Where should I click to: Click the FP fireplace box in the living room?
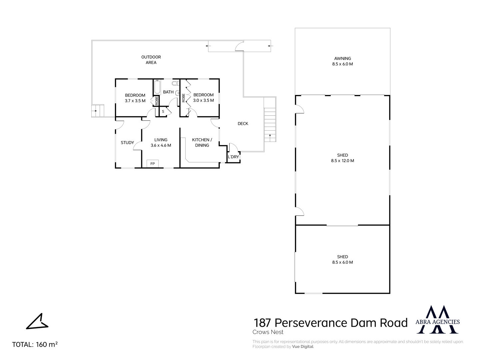click(152, 163)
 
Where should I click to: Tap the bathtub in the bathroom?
click(157, 87)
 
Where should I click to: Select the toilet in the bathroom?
click(175, 83)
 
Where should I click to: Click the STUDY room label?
click(127, 143)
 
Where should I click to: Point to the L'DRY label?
click(233, 157)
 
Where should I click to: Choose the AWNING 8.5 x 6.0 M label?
click(342, 61)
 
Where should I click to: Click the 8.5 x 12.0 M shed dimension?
click(342, 161)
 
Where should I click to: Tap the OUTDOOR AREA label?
click(151, 60)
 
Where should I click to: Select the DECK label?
click(243, 123)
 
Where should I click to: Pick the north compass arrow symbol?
click(37, 321)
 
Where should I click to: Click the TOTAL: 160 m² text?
click(35, 344)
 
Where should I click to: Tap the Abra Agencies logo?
click(437, 320)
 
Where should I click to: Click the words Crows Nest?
click(268, 332)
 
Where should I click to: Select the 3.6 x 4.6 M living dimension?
click(161, 145)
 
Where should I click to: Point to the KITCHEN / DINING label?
click(202, 143)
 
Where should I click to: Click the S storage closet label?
click(163, 111)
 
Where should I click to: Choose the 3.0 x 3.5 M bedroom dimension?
click(203, 100)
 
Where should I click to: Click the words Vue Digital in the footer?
click(303, 346)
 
